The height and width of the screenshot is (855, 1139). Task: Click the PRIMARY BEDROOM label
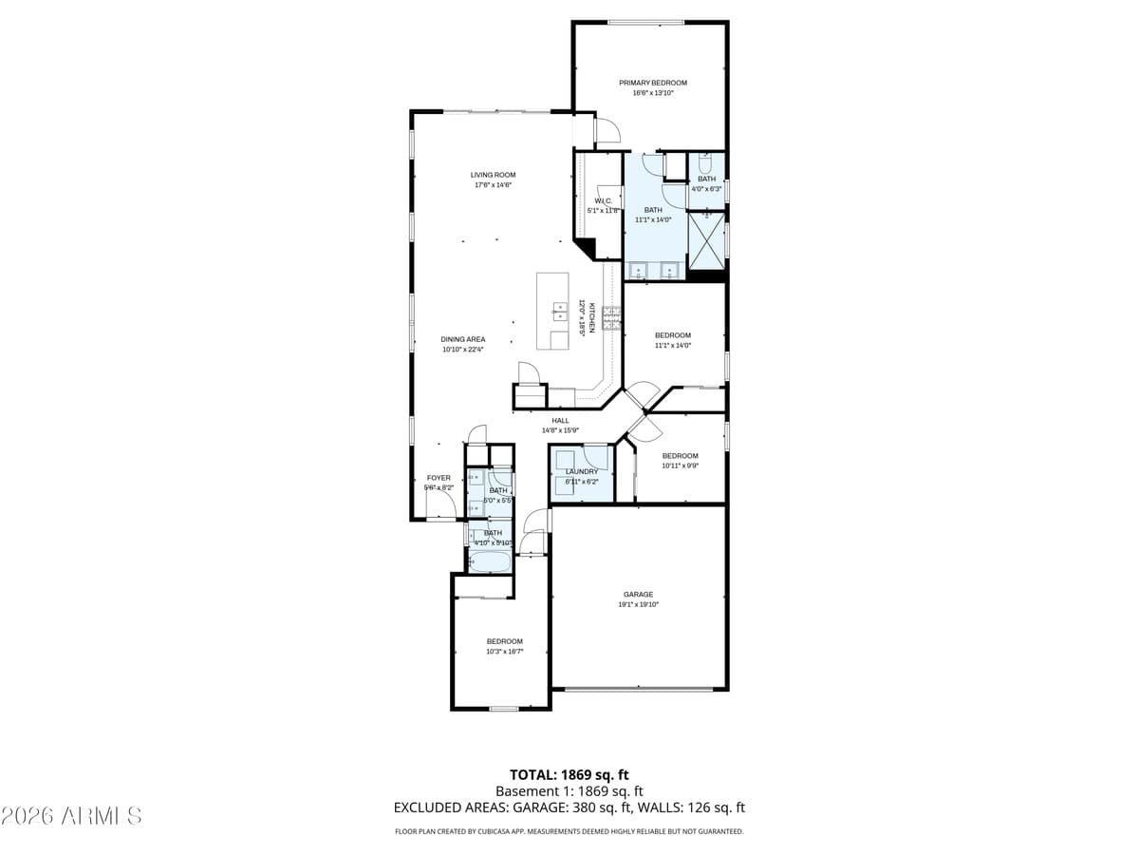click(x=653, y=83)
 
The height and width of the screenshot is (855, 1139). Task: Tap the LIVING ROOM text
click(x=493, y=175)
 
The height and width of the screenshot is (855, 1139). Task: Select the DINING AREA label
click(x=463, y=339)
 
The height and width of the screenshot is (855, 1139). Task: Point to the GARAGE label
click(x=638, y=595)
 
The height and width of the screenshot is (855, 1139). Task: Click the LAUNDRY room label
click(x=582, y=471)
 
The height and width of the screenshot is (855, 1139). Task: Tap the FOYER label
click(x=439, y=478)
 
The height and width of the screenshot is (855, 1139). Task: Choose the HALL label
click(x=560, y=420)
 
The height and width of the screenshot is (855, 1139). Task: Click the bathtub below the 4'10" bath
click(x=491, y=561)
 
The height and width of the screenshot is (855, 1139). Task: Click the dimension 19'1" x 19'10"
click(x=638, y=604)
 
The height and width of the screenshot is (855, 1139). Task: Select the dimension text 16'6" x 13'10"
click(x=653, y=92)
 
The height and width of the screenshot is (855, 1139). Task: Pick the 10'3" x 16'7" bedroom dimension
click(x=504, y=652)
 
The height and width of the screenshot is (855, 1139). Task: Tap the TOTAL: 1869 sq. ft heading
click(x=569, y=774)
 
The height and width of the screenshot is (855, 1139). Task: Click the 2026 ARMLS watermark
click(x=71, y=815)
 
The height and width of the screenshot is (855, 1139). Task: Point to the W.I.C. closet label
click(x=602, y=200)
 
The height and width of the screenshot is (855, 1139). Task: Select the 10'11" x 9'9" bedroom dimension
click(x=680, y=465)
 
